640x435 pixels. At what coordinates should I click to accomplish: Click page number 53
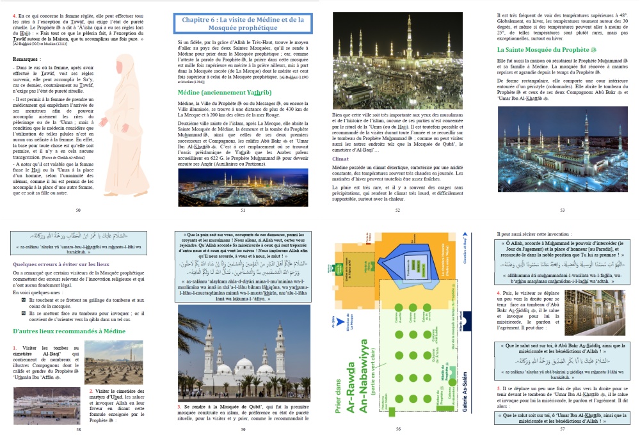coord(562,209)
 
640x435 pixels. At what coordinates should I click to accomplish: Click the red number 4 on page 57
coord(499,293)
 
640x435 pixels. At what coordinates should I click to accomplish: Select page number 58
coord(78,429)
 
